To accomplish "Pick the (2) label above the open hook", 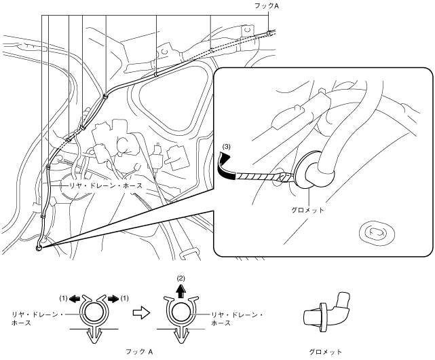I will tap(181, 278).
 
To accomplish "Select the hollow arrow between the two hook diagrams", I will tap(138, 314).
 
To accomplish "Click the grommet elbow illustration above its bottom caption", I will tap(326, 311).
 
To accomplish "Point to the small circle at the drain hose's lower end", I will tap(39, 247).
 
